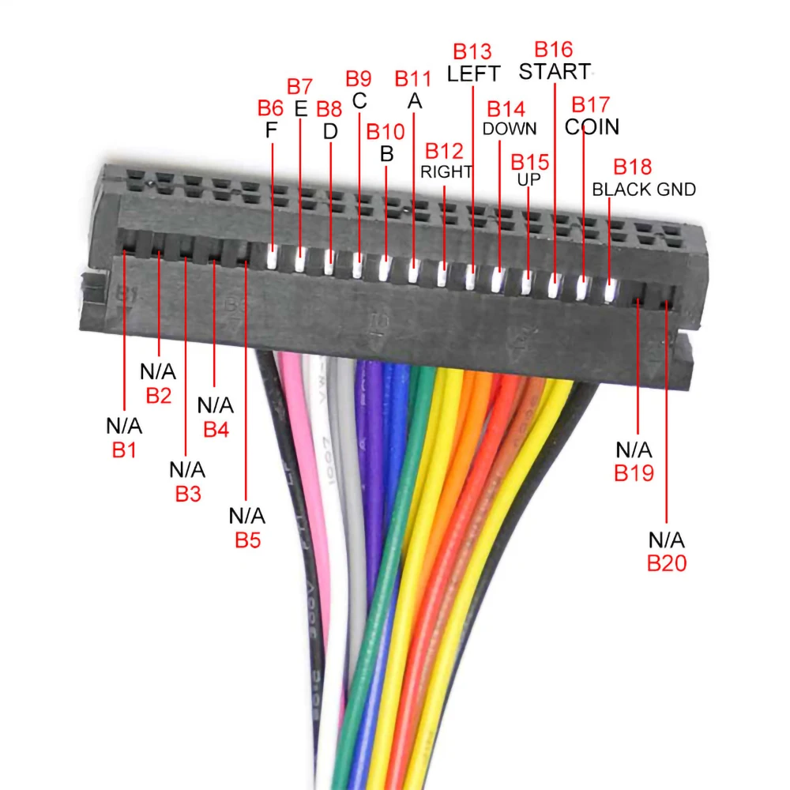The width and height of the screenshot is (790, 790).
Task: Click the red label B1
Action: click(x=124, y=451)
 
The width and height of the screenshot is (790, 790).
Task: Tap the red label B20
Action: click(x=667, y=563)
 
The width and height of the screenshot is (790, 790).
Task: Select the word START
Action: click(x=554, y=71)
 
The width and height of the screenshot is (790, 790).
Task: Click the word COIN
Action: click(x=592, y=126)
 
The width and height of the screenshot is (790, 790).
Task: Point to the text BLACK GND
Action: click(x=644, y=190)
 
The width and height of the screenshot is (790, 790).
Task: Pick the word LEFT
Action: click(x=473, y=73)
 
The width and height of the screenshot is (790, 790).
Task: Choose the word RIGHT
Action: click(x=446, y=171)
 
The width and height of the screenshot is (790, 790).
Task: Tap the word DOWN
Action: click(x=510, y=128)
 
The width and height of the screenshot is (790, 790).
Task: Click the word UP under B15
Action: click(x=529, y=180)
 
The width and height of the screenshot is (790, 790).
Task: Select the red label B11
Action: click(x=413, y=79)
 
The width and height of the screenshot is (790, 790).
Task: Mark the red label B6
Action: click(x=270, y=108)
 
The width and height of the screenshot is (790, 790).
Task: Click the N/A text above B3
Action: click(x=187, y=470)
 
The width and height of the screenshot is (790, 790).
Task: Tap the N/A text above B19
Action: click(x=634, y=450)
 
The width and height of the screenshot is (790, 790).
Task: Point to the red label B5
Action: click(x=247, y=541)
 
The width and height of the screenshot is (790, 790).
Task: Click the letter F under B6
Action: click(x=271, y=130)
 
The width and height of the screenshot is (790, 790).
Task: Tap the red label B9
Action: click(x=358, y=79)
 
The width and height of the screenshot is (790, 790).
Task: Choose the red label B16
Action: click(x=553, y=50)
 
